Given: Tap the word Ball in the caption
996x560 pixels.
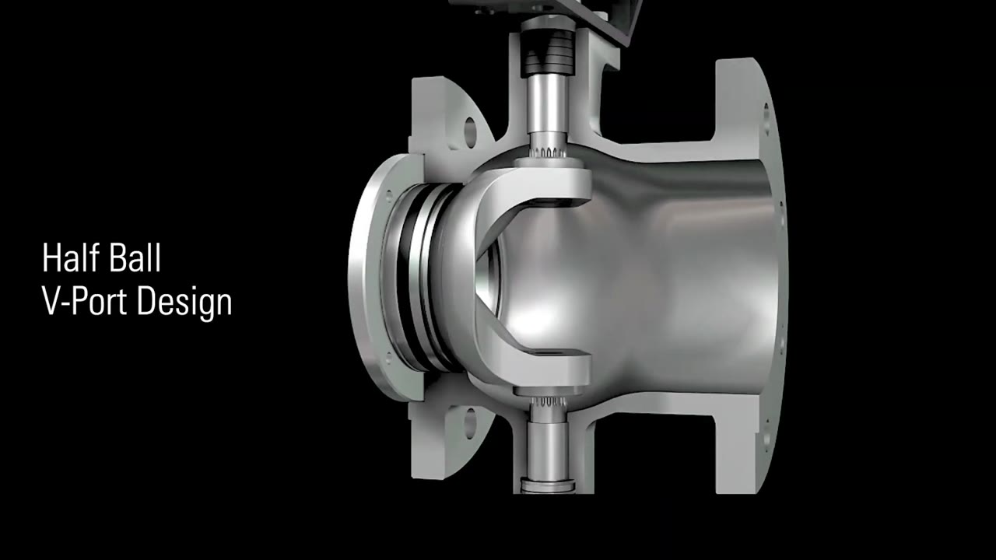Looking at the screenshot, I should [136, 257].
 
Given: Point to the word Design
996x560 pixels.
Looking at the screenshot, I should [185, 303].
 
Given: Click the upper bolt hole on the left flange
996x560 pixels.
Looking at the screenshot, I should [470, 131].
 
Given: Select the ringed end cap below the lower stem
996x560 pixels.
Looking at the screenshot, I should [548, 485].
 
